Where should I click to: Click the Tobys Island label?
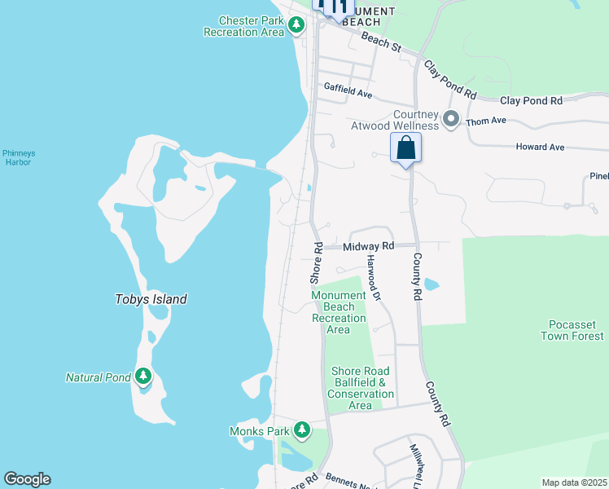tap(151, 299)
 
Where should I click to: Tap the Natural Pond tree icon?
tap(143, 377)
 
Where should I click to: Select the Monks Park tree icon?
tap(302, 429)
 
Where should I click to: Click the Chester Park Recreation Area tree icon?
tap(296, 26)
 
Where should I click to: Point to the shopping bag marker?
tap(405, 149)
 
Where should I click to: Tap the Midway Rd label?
tap(368, 246)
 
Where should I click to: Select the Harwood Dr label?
tap(373, 277)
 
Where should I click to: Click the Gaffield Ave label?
tap(348, 90)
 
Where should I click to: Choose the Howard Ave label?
tap(540, 148)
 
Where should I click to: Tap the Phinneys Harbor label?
tap(16, 157)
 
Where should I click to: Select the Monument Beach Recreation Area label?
tap(339, 312)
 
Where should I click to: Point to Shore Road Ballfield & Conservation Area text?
tap(360, 388)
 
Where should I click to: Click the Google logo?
tap(27, 479)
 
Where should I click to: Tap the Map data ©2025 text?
tap(575, 482)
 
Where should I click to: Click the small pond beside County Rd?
tap(431, 285)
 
